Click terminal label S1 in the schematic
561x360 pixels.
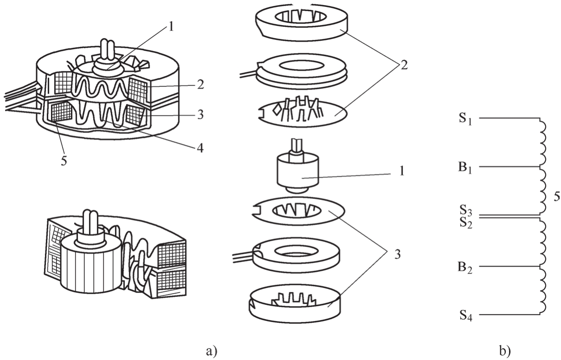click(465, 119)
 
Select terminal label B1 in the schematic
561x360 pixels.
click(465, 168)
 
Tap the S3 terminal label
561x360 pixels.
click(465, 211)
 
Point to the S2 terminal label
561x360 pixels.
click(466, 223)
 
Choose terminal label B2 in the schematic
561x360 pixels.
click(465, 268)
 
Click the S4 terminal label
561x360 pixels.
click(466, 315)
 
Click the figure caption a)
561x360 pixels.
click(211, 352)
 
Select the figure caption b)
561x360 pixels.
click(505, 351)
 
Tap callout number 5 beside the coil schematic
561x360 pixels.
click(557, 197)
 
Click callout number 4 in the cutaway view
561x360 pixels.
click(200, 148)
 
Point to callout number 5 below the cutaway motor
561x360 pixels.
click(64, 161)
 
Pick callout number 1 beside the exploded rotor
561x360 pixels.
click(402, 172)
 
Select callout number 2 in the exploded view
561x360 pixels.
click(404, 65)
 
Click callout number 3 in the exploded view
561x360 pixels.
click(397, 255)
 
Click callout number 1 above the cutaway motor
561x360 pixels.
click(171, 27)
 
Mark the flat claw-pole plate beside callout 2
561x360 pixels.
click(302, 113)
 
